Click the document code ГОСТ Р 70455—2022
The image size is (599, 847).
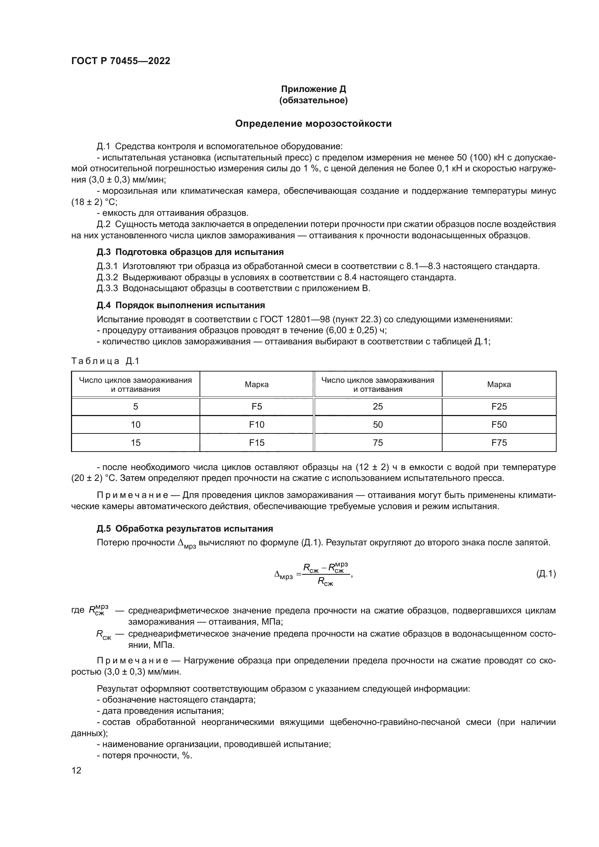point(121,61)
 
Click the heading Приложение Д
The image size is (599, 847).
point(313,89)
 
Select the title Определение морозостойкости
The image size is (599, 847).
point(313,123)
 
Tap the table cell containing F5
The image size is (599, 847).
point(256,407)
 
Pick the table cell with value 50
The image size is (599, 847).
point(378,425)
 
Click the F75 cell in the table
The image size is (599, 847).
point(499,443)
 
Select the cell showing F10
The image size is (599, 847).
point(256,425)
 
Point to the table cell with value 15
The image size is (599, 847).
point(135,443)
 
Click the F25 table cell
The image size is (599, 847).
point(499,407)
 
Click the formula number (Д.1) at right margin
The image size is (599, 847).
point(545,574)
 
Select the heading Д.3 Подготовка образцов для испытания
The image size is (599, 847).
point(190,252)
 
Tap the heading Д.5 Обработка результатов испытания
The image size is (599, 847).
point(184,529)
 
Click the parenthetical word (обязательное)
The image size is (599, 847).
point(313,100)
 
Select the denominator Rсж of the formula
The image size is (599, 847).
point(325,583)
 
